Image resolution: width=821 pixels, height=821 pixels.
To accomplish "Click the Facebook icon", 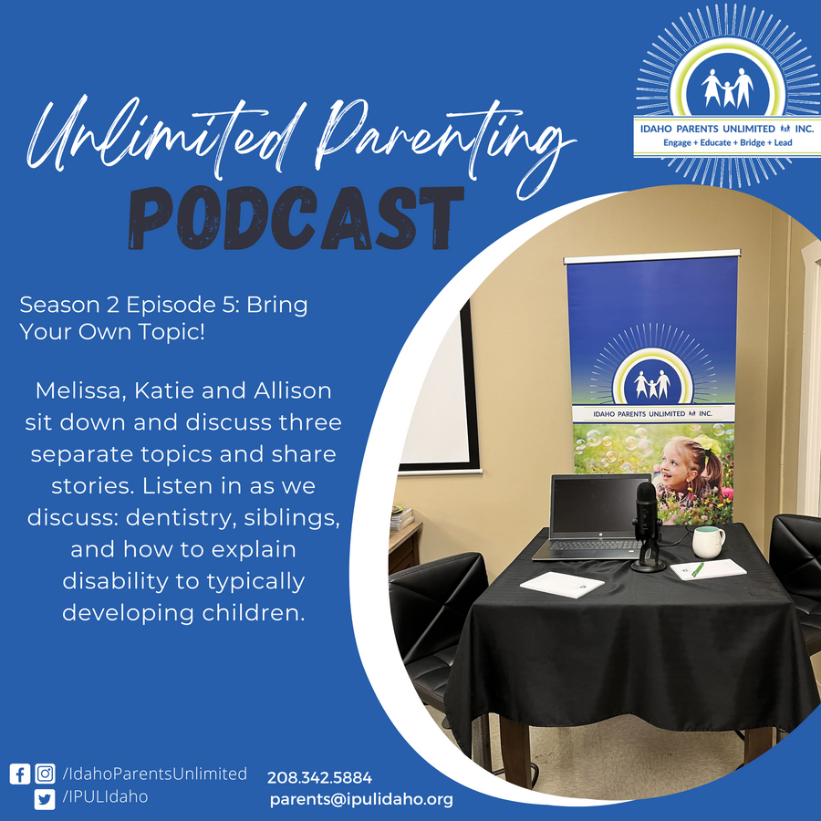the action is [20, 774].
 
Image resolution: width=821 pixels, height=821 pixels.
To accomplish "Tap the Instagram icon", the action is [45, 774].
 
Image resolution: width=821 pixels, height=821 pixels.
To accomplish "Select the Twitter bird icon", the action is [45, 799].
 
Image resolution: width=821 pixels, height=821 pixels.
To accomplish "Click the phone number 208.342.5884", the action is [319, 777].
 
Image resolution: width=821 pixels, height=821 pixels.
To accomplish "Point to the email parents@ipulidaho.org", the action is [361, 799].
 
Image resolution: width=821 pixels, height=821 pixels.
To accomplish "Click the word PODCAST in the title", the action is [296, 218].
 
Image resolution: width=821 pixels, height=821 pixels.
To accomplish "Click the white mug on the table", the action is [708, 542].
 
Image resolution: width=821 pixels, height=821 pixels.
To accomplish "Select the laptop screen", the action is [600, 504].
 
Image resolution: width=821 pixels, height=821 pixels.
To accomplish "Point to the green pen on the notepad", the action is [698, 569].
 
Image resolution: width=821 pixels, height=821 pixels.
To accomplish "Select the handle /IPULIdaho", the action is [105, 797].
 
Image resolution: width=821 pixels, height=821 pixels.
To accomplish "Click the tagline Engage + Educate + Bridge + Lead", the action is [728, 142].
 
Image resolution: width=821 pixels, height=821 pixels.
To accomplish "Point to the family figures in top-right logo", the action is [728, 88].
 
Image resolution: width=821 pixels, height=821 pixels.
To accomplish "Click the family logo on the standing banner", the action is [652, 385].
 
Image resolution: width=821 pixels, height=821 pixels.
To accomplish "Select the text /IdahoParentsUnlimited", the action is [154, 774].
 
